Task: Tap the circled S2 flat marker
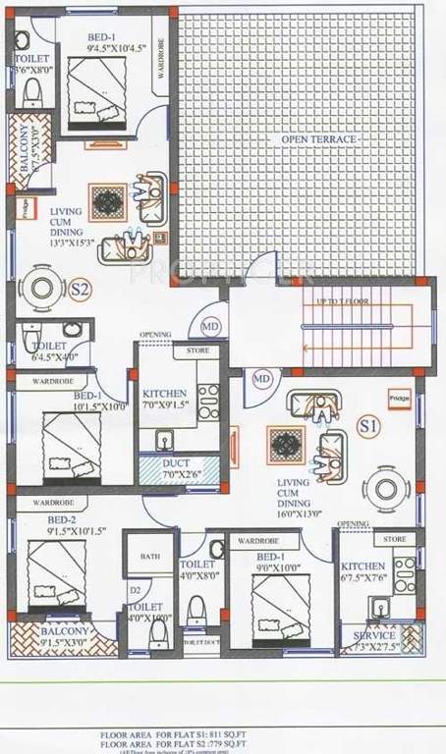81,290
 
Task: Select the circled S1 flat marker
369,427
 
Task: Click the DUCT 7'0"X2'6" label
177,468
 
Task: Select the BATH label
149,557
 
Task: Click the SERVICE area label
374,641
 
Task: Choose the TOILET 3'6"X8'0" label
31,64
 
